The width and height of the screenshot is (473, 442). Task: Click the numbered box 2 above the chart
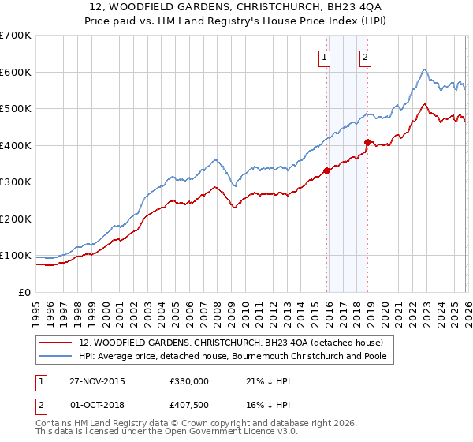[x=367, y=56]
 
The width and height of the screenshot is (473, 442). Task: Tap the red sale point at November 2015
[x=326, y=170]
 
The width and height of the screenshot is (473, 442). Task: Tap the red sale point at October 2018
[x=367, y=143]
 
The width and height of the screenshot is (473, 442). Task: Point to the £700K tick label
[x=16, y=36]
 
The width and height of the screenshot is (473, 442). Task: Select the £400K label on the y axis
[x=16, y=145]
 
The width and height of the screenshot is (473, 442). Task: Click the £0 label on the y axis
[x=25, y=292]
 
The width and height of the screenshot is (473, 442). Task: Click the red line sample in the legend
[x=55, y=343]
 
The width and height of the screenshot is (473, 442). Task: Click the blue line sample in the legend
[x=55, y=356]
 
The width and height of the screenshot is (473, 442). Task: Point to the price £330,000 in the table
[x=189, y=381]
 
